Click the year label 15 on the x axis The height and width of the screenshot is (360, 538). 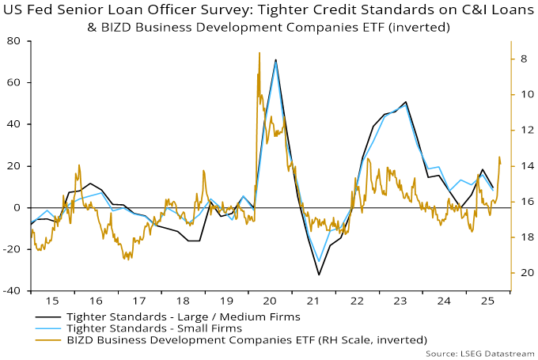click(x=52, y=301)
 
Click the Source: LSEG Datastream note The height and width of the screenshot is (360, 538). click(x=480, y=352)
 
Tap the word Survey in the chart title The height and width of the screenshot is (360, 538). click(x=225, y=11)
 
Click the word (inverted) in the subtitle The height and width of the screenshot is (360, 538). click(x=421, y=26)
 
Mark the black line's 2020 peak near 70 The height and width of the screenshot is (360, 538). click(x=275, y=59)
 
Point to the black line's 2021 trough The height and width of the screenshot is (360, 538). click(x=319, y=275)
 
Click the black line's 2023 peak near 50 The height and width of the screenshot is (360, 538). click(x=405, y=102)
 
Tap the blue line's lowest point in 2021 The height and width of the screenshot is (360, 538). click(x=319, y=261)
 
